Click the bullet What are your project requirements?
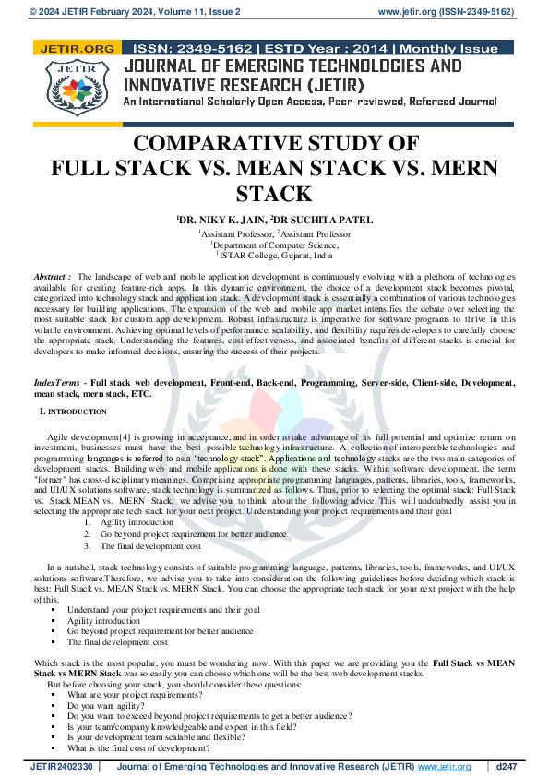point(147,694)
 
